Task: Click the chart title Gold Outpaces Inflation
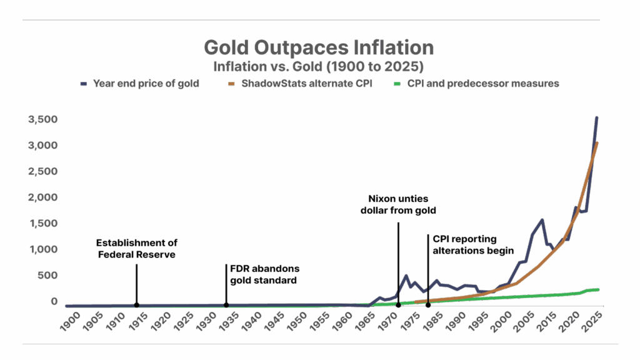pos(319,47)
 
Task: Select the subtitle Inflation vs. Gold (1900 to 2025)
pos(319,66)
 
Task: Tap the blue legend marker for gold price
pos(84,83)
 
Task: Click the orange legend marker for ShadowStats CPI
pos(231,83)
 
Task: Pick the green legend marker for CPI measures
pos(395,83)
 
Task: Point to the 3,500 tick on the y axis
pos(42,119)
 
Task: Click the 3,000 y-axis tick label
pos(42,146)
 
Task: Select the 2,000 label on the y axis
pos(42,197)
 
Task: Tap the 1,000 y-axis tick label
pos(42,249)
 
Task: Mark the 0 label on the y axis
pos(53,301)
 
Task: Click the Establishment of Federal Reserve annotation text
pos(136,249)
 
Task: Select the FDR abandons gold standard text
pos(264,274)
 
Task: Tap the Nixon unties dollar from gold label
pos(398,204)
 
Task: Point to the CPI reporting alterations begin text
pos(473,244)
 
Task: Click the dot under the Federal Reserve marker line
pos(136,305)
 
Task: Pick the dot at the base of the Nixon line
pos(398,305)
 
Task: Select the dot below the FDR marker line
pos(226,305)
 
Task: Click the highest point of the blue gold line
pos(597,117)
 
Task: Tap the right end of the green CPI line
pos(597,289)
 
